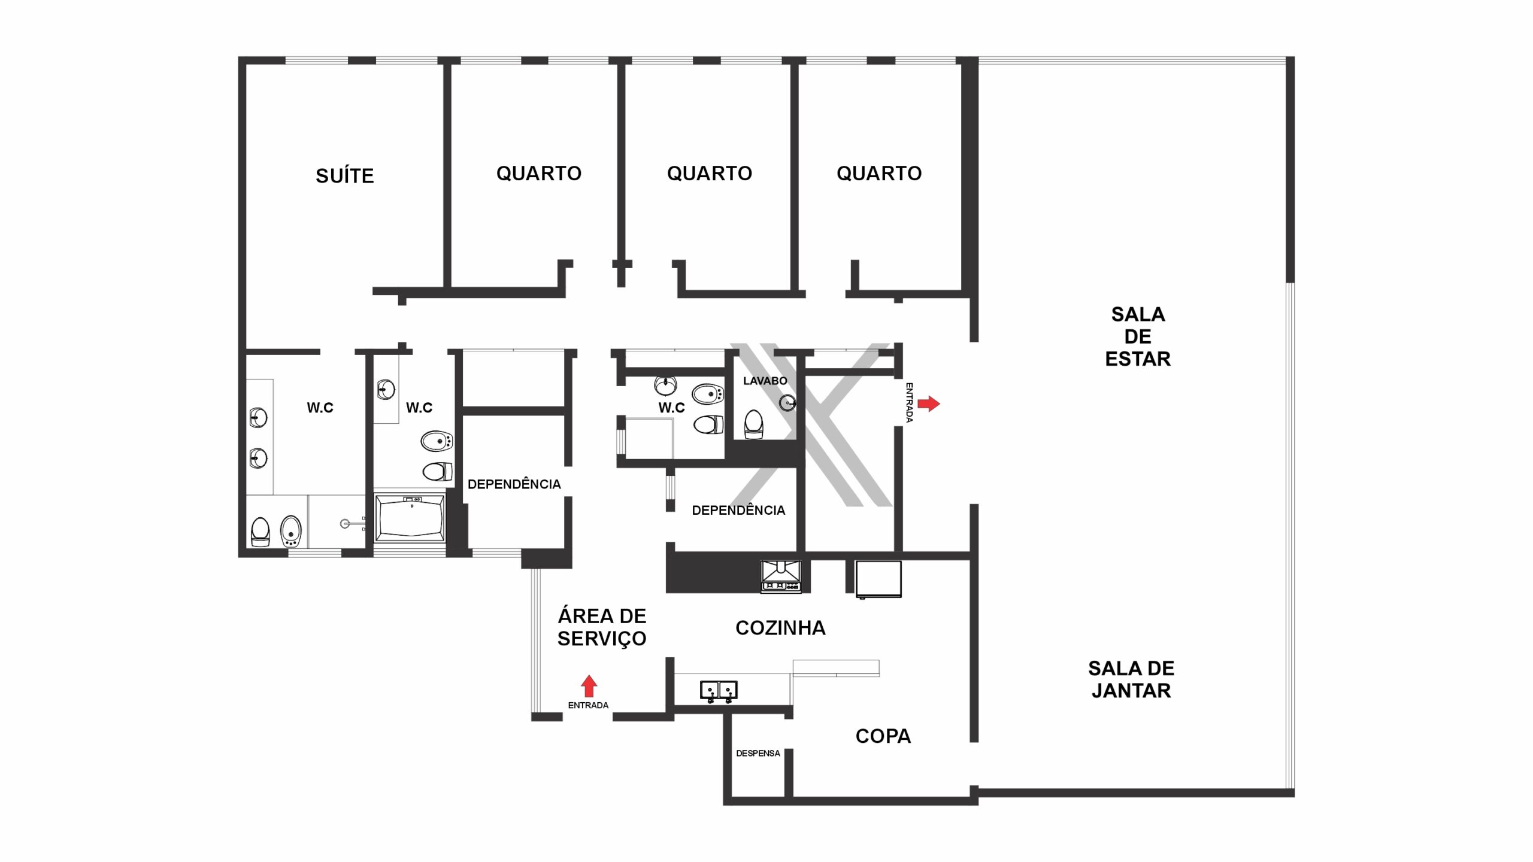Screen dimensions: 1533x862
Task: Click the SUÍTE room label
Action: coord(345,175)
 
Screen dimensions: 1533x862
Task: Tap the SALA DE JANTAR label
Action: coord(1131,679)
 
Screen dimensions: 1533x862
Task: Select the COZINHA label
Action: coord(780,628)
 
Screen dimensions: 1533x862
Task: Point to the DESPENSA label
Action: coord(758,753)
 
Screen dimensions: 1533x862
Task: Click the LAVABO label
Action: coord(765,381)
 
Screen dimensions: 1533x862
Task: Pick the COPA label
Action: coord(883,736)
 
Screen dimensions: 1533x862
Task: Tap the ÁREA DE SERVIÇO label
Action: coord(602,627)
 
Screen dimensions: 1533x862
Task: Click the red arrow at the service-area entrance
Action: coord(589,686)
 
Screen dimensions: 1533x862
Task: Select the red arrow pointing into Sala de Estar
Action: coord(929,403)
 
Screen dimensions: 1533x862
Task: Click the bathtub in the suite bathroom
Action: coord(410,518)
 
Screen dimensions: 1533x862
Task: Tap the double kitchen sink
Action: coord(719,691)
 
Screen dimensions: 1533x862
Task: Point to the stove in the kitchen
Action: coord(781,576)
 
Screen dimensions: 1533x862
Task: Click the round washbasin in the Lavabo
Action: coord(787,403)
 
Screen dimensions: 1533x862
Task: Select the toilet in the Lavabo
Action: coord(753,424)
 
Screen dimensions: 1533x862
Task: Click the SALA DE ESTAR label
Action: coord(1138,336)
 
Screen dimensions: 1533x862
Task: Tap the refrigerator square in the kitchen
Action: coord(878,579)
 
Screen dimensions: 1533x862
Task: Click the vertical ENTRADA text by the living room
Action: coord(909,403)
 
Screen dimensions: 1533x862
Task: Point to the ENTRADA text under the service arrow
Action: coord(588,705)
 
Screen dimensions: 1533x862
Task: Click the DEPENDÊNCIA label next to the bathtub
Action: coord(514,484)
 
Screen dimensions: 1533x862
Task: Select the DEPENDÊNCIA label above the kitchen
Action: coord(738,510)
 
